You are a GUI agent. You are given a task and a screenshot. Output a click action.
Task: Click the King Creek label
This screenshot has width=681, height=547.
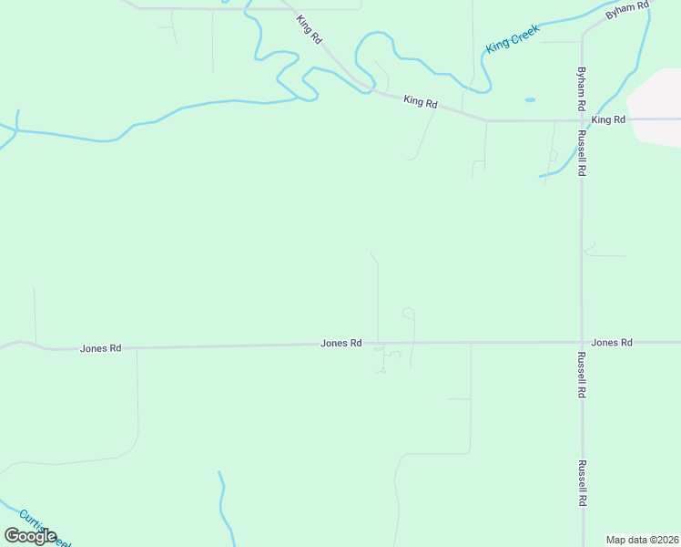point(513,37)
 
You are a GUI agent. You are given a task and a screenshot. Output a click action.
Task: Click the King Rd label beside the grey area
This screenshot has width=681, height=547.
point(608,119)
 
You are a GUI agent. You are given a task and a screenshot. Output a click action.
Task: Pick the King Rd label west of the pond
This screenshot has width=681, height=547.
point(421,103)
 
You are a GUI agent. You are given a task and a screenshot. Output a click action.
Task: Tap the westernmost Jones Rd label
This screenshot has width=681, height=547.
point(100,348)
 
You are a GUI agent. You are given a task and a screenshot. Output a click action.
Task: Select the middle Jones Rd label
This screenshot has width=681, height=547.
point(341,344)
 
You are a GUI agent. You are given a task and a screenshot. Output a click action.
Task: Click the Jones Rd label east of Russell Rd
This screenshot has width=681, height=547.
point(611,343)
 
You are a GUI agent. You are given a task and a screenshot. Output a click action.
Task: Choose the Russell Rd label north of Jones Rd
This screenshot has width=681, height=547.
point(581,152)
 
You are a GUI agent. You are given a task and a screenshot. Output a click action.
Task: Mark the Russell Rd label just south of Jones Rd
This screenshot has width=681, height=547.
point(581,375)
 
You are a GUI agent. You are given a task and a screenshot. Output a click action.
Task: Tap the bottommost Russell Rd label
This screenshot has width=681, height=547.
point(581,483)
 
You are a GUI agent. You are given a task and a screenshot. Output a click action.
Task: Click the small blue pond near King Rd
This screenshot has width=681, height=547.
point(530,99)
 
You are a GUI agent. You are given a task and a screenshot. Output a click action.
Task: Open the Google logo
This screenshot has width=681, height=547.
point(30,536)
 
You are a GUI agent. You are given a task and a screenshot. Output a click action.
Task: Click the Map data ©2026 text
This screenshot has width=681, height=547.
point(643,540)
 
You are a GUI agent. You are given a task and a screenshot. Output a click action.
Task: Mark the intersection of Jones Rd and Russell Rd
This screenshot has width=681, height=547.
point(581,343)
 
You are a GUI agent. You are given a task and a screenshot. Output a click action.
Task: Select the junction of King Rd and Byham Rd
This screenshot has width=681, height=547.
point(581,119)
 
